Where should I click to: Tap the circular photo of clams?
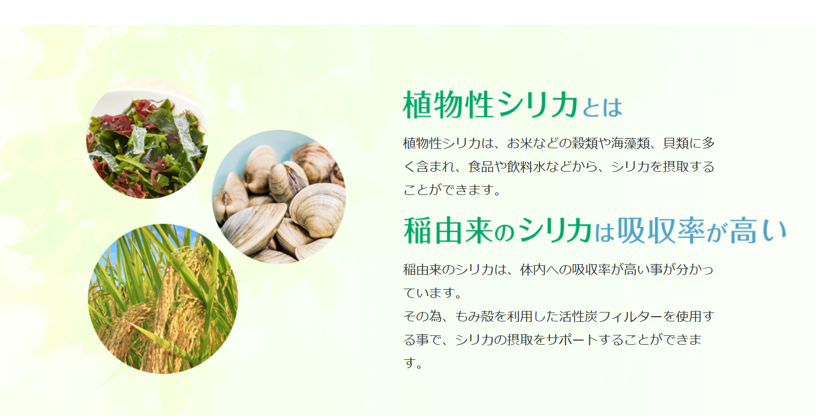(x=279, y=197)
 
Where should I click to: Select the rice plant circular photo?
(x=163, y=298)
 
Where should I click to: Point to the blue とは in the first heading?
(x=602, y=108)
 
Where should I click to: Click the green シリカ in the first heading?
(x=538, y=105)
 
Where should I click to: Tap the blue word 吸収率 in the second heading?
(x=661, y=230)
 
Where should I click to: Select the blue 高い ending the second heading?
(x=758, y=230)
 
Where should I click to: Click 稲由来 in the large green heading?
(x=449, y=230)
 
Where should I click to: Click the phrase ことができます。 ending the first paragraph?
(x=452, y=190)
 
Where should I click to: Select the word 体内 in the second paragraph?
(x=533, y=270)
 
